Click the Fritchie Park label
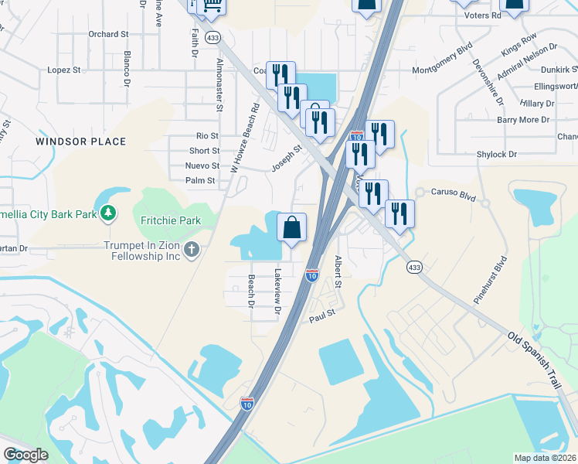point(170,220)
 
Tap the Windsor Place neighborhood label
point(80,142)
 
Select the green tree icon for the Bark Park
point(110,212)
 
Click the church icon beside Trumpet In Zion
point(192,249)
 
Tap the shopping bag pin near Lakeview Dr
point(292,228)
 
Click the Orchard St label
point(108,34)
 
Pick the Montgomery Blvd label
point(442,68)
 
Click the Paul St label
point(321,315)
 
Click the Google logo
point(25,455)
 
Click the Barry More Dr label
point(522,120)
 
